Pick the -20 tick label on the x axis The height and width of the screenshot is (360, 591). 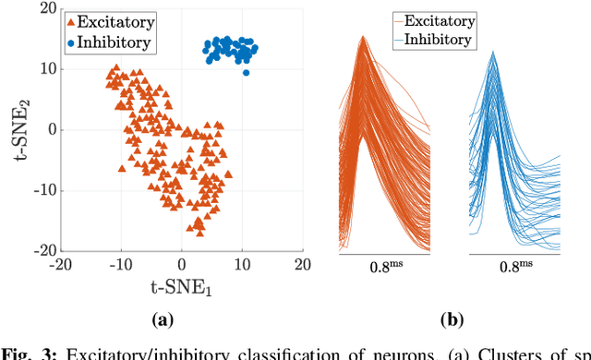(x=61, y=263)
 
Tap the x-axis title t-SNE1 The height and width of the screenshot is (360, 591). (x=181, y=287)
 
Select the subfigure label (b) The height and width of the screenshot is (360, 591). (x=451, y=320)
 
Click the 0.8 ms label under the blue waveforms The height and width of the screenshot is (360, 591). (x=513, y=269)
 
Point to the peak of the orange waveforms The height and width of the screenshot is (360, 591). (x=364, y=38)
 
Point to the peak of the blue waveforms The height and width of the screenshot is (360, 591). (x=494, y=53)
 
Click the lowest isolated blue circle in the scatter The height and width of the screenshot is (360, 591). (x=246, y=71)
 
